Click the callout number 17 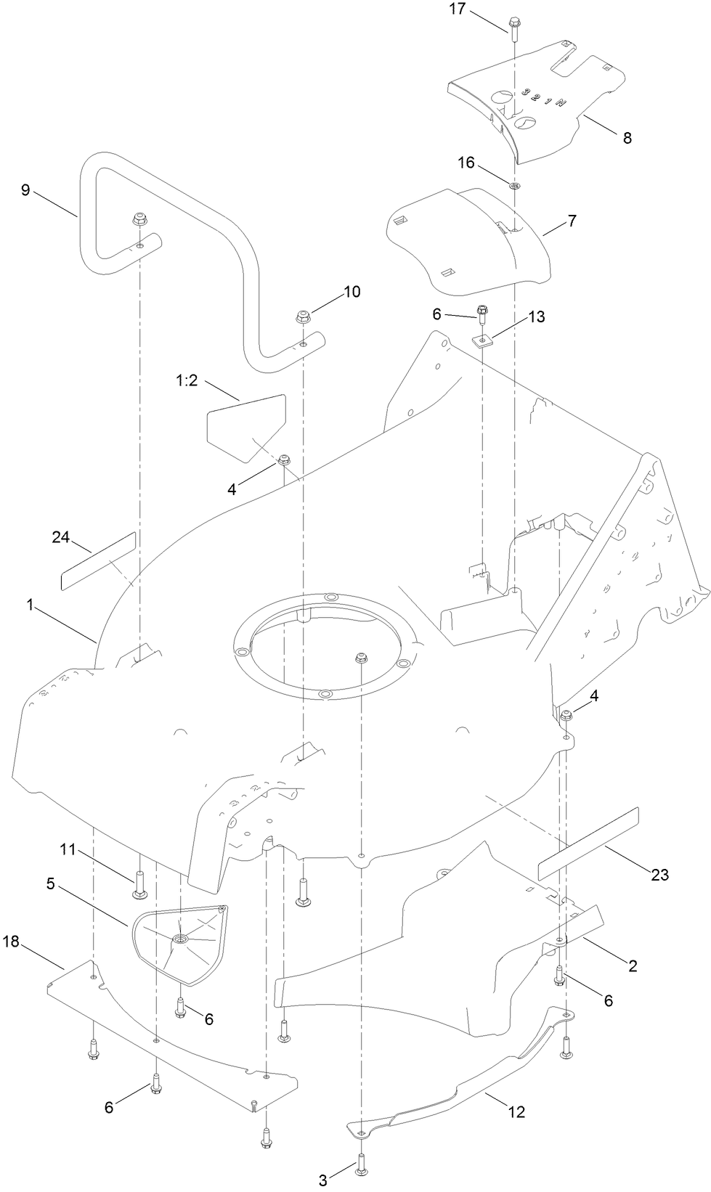[x=478, y=9]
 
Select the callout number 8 [x=627, y=136]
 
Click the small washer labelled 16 [x=514, y=186]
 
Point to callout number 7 [x=572, y=221]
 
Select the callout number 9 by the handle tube [x=25, y=190]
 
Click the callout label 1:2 [x=187, y=380]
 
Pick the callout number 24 [x=61, y=538]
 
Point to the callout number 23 [x=659, y=875]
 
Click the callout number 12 [x=516, y=1111]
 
